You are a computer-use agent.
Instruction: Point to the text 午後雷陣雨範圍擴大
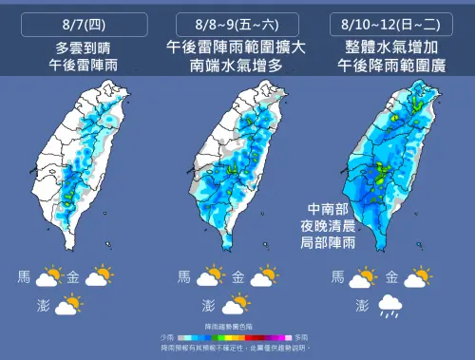pyautogui.click(x=238, y=47)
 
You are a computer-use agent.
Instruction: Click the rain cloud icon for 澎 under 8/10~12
pyautogui.click(x=389, y=306)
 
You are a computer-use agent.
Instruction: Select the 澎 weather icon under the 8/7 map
pyautogui.click(x=68, y=306)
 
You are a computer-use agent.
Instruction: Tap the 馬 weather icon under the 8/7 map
pyautogui.click(x=47, y=278)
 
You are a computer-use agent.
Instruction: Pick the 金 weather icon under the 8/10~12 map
pyautogui.click(x=418, y=278)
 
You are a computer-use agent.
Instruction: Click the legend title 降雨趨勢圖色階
pyautogui.click(x=237, y=328)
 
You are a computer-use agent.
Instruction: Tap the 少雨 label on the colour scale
pyautogui.click(x=167, y=337)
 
